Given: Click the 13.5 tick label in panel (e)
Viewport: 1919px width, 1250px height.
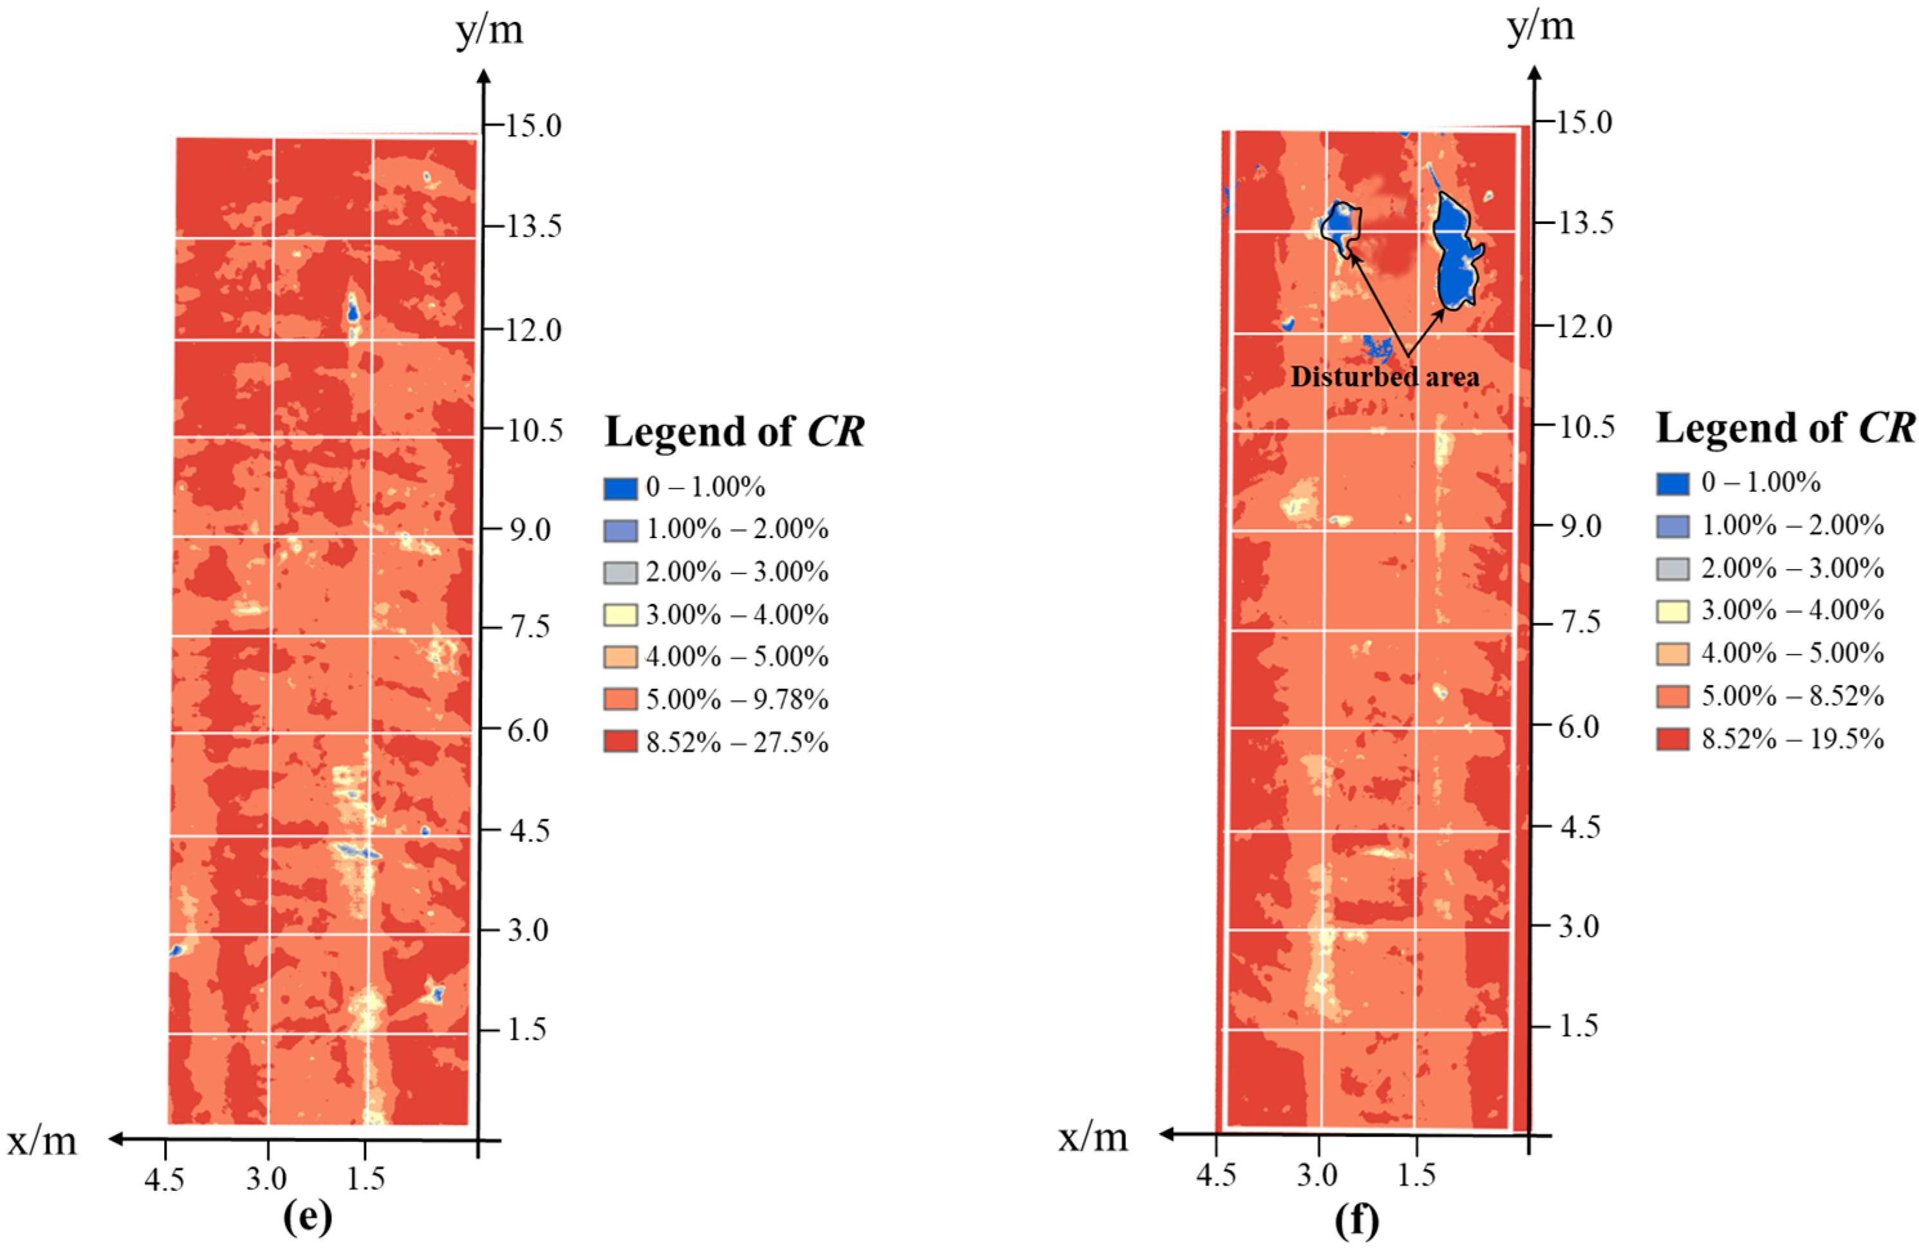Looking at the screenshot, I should click(533, 227).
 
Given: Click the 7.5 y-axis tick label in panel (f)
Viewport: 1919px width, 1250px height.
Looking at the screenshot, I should click(1578, 623).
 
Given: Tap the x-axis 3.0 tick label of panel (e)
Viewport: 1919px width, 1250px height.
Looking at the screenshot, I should click(266, 1179).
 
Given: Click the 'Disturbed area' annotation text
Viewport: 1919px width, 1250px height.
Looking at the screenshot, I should click(1384, 377).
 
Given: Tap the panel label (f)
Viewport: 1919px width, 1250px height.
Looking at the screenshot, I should click(1357, 1221).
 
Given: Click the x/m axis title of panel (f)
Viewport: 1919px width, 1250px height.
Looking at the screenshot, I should click(1093, 1137).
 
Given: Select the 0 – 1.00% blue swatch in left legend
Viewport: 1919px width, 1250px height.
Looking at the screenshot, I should click(620, 488).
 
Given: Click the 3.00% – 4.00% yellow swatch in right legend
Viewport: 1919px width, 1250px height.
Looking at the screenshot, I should click(1673, 610).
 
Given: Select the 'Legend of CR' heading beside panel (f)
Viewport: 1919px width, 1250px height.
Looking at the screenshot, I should click(1785, 427).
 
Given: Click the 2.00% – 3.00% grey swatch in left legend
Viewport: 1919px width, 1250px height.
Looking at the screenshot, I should click(620, 573).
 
